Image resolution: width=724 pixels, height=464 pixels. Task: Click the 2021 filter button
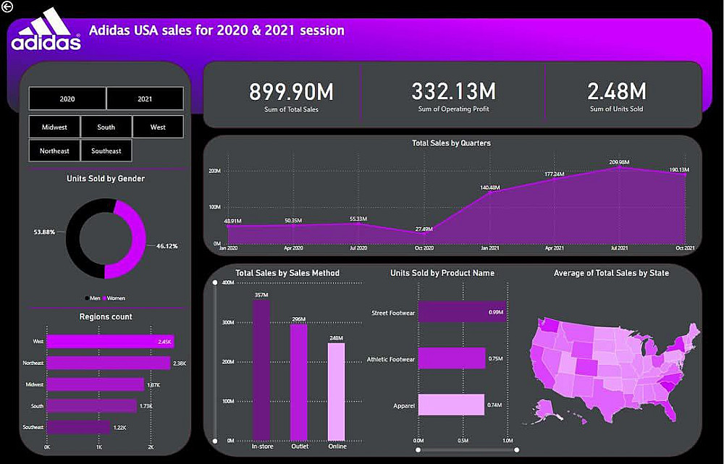(145, 98)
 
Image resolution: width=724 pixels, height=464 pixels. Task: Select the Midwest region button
(54, 127)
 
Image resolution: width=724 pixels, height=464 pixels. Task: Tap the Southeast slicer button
(106, 151)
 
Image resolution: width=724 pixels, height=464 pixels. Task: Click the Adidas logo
(46, 30)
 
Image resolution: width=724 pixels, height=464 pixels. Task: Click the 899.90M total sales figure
(291, 92)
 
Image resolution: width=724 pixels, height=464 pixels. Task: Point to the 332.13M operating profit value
(453, 92)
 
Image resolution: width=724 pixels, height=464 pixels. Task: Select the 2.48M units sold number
(616, 92)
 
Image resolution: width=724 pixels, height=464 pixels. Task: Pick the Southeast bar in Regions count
(78, 427)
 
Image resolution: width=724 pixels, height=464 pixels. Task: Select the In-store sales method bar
(261, 369)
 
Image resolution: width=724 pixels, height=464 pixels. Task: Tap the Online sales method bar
(337, 391)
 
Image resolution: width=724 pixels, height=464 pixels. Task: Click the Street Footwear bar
(452, 312)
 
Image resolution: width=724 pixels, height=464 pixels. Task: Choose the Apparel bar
(450, 405)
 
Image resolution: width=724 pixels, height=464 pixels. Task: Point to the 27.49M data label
(424, 229)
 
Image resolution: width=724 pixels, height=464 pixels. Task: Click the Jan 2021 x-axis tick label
(489, 248)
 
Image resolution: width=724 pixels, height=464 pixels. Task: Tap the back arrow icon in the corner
(7, 7)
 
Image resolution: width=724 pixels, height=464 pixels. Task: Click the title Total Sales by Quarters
(451, 143)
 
